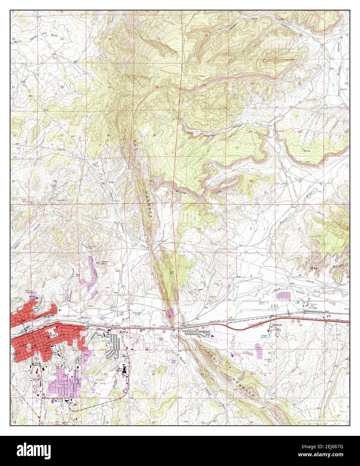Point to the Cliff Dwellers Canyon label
[215, 131]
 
